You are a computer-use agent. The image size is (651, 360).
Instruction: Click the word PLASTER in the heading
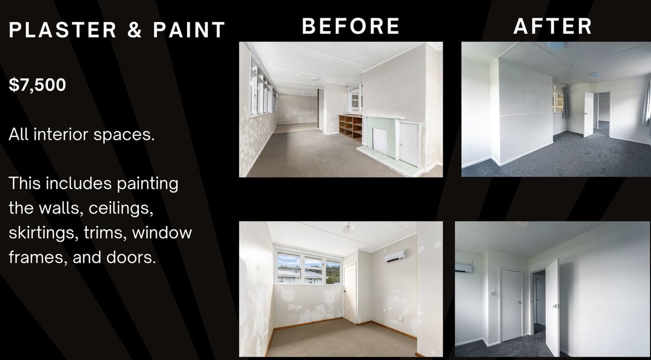(x=63, y=30)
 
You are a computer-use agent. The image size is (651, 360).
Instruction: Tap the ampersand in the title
(x=135, y=30)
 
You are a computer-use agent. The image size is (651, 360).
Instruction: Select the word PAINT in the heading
(x=189, y=30)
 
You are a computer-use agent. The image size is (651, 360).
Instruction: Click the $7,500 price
(x=37, y=85)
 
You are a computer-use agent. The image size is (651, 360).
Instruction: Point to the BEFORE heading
(x=351, y=26)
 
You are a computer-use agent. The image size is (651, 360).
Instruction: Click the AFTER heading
(x=552, y=26)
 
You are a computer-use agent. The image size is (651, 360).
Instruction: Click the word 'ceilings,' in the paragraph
(x=121, y=208)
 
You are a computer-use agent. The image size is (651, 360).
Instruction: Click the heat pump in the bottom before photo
(x=395, y=256)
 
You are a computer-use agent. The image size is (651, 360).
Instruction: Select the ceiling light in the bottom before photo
(x=348, y=228)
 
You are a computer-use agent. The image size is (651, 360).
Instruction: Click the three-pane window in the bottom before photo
(x=308, y=267)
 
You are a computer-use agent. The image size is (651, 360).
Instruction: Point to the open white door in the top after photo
(x=589, y=114)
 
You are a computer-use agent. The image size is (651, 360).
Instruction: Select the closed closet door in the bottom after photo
(x=511, y=305)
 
